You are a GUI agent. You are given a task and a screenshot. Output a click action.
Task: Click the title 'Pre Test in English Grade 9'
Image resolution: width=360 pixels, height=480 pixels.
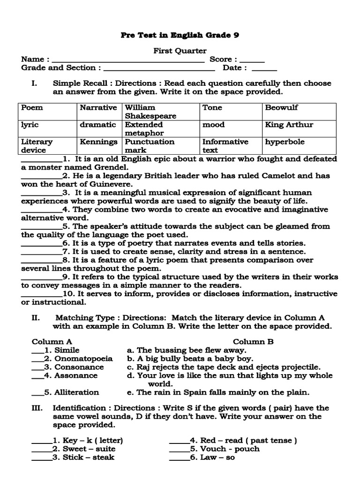point(180,35)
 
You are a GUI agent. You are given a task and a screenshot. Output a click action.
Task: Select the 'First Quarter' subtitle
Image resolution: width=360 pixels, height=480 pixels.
point(180,51)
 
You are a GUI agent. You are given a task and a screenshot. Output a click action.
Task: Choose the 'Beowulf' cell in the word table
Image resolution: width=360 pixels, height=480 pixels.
point(281,108)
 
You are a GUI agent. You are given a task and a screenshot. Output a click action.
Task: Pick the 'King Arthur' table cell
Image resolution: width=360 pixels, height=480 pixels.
point(289,125)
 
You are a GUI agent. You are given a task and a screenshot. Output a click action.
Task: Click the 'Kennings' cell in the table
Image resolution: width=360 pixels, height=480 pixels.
point(98,142)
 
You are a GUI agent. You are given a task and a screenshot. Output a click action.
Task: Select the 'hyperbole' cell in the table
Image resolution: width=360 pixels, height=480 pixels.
point(285,142)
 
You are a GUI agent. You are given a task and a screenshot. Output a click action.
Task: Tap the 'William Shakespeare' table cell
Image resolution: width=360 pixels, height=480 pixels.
point(150,112)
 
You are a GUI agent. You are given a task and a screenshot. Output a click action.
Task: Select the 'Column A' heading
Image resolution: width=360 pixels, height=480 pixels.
point(52,342)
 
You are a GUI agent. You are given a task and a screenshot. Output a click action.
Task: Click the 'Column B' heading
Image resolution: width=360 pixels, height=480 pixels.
point(253,342)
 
